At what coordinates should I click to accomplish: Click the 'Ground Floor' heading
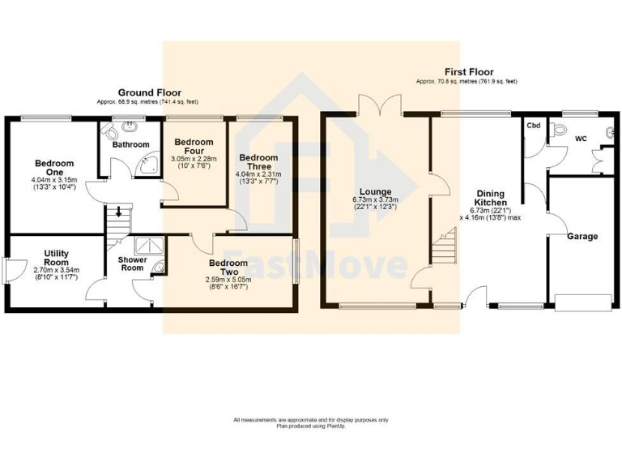click(x=150, y=92)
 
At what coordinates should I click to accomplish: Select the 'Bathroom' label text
click(x=131, y=144)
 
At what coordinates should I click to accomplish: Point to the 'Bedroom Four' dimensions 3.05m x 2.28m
click(x=194, y=161)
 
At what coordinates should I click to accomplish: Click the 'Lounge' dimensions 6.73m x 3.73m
click(x=375, y=203)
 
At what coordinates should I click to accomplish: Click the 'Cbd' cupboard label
click(x=534, y=126)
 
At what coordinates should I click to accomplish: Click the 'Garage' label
click(x=582, y=237)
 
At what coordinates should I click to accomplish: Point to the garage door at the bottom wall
click(x=582, y=303)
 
